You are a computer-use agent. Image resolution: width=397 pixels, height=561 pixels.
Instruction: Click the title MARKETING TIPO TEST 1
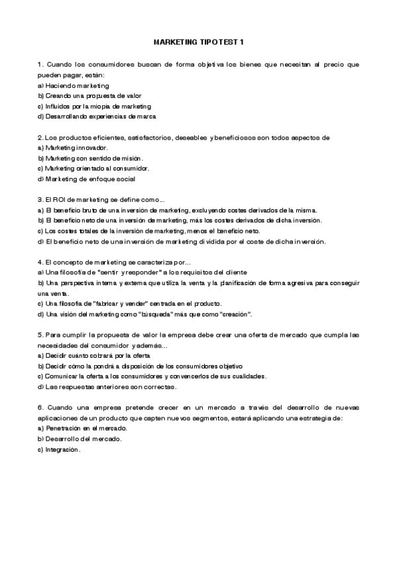pos(198,42)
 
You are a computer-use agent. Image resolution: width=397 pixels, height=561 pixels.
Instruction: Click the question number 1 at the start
pos(40,64)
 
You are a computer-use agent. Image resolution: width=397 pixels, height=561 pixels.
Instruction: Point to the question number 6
pos(40,407)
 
